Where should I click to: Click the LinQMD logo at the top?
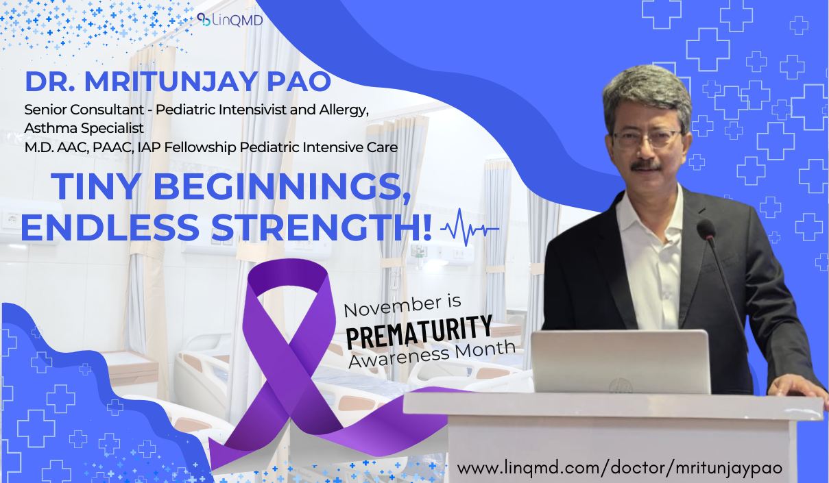click(230, 20)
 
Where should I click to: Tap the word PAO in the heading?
click(298, 82)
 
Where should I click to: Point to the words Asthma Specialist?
click(84, 128)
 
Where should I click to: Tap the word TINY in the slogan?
click(96, 186)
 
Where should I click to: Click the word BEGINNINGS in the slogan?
click(282, 187)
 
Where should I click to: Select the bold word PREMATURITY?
click(420, 332)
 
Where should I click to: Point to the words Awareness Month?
click(432, 354)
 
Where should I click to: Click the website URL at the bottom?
click(620, 467)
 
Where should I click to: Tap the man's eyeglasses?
click(647, 138)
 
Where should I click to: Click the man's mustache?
click(646, 166)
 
